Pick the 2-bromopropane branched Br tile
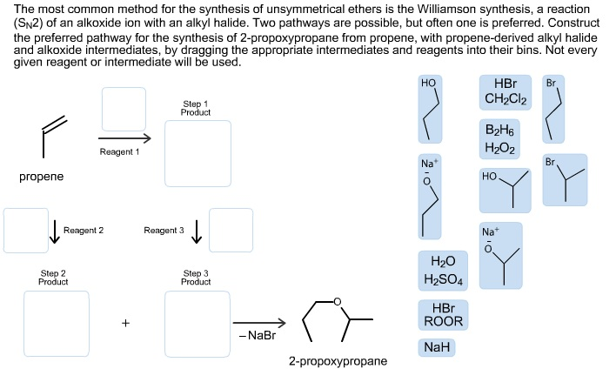[565, 180]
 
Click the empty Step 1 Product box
[198, 153]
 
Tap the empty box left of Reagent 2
[26, 230]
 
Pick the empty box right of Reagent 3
[231, 230]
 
